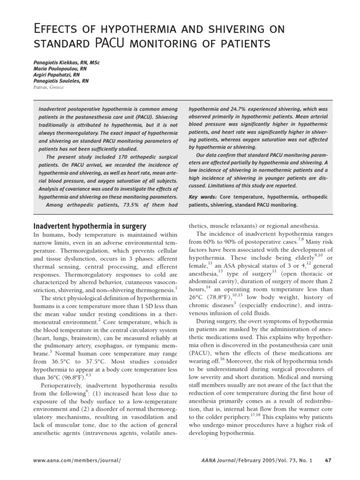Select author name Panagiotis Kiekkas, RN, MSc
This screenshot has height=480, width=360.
67,62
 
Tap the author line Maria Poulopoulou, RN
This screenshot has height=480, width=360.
60,68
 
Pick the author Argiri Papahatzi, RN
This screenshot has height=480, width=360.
56,75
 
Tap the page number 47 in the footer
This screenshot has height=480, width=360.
328,460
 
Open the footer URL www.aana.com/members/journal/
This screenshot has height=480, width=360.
77,460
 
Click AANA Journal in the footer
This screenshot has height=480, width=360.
216,460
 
